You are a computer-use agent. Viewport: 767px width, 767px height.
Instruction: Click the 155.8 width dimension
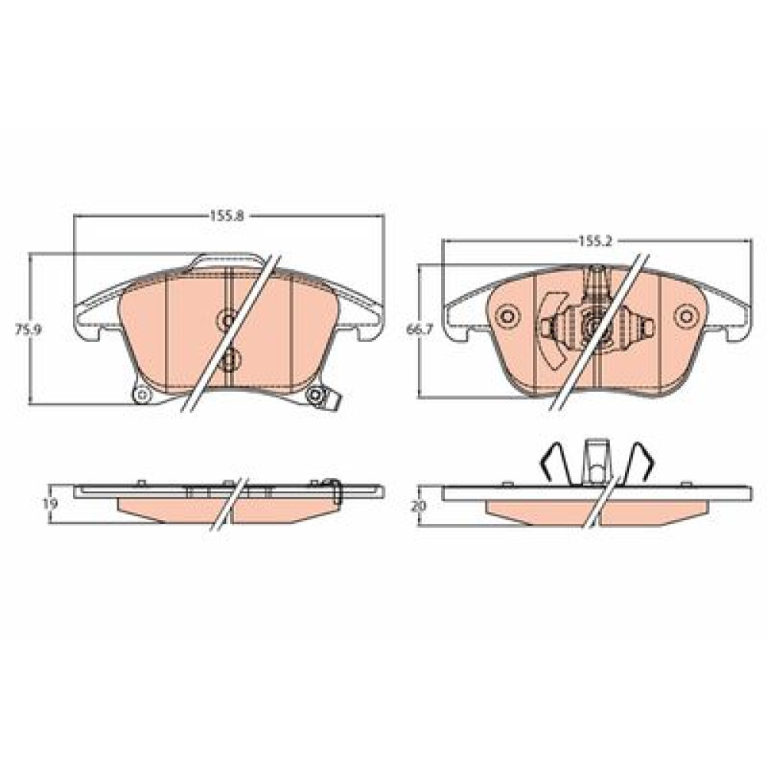226,216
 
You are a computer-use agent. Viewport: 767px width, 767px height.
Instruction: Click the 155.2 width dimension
596,241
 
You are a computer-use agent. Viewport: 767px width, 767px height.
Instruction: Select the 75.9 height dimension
28,329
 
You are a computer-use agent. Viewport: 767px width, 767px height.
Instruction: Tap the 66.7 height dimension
420,330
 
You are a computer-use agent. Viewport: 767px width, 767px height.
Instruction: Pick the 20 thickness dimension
419,505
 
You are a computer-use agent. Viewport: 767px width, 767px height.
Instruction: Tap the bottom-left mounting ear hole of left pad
142,393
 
